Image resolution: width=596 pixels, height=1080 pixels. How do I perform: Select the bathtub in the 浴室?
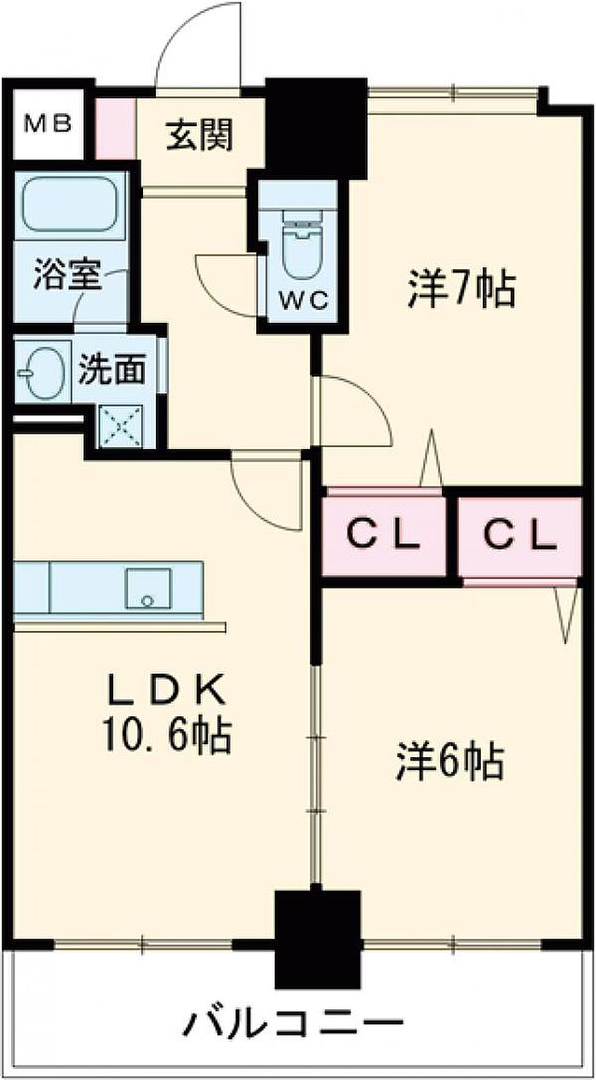69,204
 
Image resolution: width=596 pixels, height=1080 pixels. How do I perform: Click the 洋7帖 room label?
461,290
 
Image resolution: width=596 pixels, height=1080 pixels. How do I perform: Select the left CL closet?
385,535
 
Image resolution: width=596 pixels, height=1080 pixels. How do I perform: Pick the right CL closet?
519,535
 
